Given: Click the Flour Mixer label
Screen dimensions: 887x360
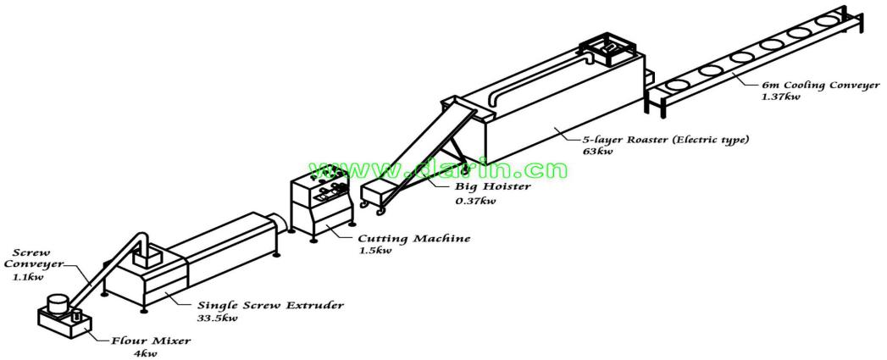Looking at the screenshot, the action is tap(151, 341).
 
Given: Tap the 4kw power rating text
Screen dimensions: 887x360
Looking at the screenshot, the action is tap(141, 353).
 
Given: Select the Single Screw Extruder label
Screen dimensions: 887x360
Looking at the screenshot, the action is tap(268, 306).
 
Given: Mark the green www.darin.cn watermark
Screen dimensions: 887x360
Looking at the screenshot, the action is tap(437, 169).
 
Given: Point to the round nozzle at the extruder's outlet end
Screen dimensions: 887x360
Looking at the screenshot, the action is tap(277, 222).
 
